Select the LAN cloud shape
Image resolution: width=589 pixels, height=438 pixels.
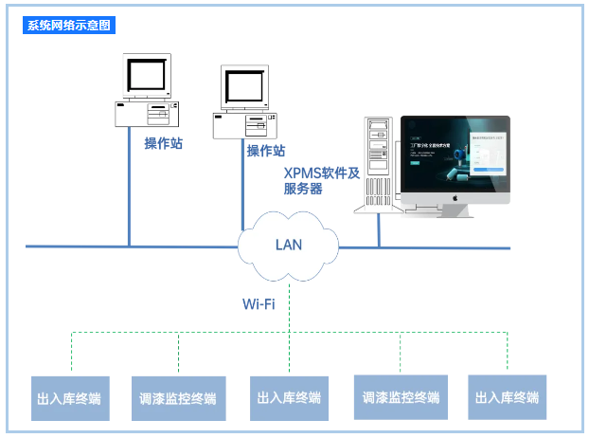[x=288, y=244]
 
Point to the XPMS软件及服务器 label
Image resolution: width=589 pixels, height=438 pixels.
[x=322, y=180]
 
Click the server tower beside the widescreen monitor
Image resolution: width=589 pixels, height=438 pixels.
[x=379, y=163]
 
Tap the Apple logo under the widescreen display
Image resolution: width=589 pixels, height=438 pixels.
[x=455, y=200]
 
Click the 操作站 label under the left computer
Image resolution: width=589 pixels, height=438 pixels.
[x=163, y=143]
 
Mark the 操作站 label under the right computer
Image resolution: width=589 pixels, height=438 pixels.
[x=265, y=151]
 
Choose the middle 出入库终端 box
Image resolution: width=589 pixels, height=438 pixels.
[x=288, y=398]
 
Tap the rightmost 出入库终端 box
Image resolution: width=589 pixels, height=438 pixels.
[x=508, y=398]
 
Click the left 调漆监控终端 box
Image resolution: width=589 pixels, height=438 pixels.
[x=177, y=398]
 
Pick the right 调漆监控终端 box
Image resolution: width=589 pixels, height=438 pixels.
[x=401, y=398]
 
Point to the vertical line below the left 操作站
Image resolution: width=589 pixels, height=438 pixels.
[x=129, y=199]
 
